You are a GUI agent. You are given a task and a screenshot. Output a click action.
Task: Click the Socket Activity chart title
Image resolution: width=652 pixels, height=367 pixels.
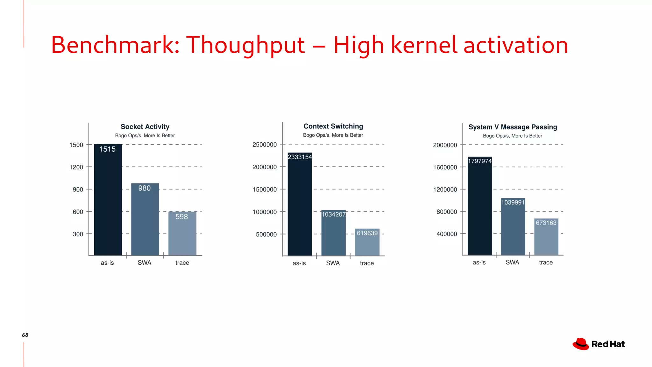coord(145,127)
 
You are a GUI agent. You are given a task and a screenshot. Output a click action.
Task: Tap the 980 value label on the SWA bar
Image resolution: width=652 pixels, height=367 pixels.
coord(144,188)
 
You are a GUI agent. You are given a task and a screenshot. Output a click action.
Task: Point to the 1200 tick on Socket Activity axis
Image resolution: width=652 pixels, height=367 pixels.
coord(76,167)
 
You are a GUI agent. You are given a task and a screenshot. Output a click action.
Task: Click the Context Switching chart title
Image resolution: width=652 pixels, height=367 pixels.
coord(333,126)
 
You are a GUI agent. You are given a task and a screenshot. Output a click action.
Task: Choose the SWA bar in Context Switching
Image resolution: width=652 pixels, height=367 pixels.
coord(333,234)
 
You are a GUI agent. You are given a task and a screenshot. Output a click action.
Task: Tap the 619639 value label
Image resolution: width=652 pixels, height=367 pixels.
coord(367,233)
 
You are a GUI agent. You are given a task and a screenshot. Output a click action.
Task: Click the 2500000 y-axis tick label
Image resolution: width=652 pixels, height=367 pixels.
coord(265,145)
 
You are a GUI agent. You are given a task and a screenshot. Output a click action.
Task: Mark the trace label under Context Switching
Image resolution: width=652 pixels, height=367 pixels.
coord(367,263)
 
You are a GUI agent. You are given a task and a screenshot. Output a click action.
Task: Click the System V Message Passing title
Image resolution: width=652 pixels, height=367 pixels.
coord(513,127)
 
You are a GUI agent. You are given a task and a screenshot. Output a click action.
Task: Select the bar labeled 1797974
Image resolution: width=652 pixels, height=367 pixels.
coord(480,207)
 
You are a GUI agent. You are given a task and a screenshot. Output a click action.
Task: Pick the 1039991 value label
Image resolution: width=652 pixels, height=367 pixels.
coord(513,203)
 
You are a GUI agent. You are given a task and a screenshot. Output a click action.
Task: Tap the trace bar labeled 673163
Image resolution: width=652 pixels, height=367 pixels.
coord(546,239)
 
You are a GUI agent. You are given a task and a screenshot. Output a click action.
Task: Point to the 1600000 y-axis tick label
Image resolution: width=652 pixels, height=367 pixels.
coord(445,168)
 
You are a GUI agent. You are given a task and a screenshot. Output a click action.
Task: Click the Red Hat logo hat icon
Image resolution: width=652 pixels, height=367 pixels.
coord(581,344)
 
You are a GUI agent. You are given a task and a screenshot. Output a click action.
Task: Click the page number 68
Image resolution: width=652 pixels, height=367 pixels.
coord(25,335)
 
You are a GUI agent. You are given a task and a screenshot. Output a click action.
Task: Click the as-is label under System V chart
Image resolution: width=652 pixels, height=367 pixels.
coord(479,263)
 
